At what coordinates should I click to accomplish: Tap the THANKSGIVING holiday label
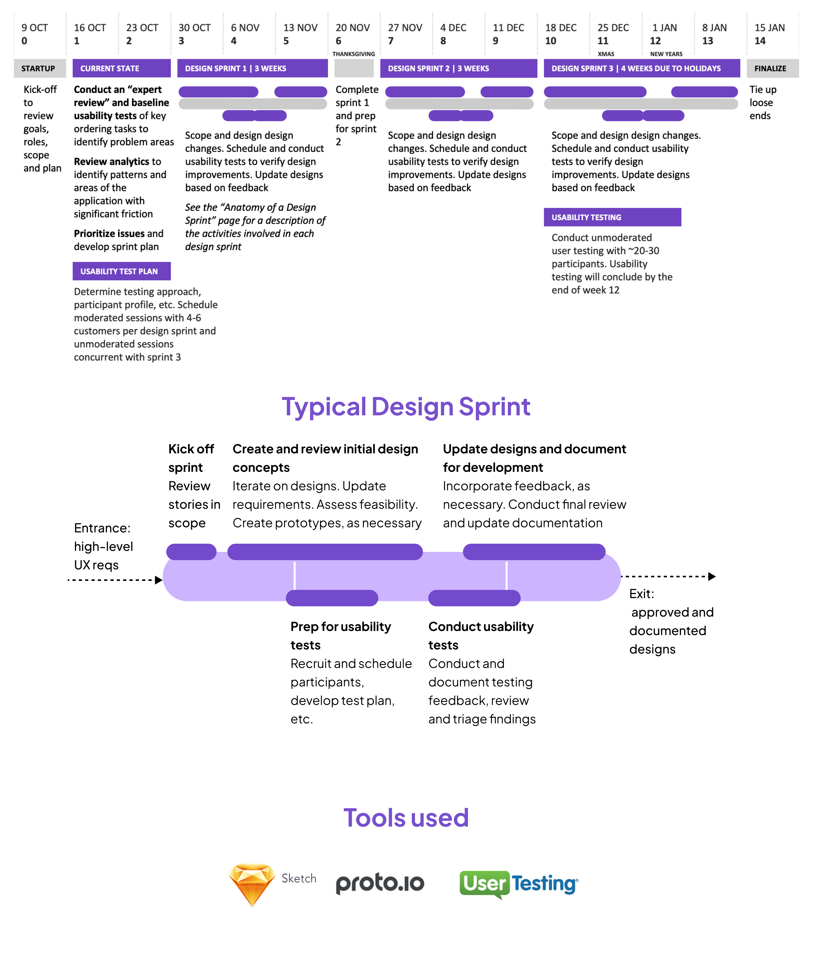(x=353, y=54)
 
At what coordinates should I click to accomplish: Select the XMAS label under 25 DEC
(x=606, y=54)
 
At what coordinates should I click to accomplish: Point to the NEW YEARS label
(x=666, y=54)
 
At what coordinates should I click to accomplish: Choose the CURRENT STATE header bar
(x=121, y=68)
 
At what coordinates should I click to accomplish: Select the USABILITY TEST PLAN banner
(x=121, y=271)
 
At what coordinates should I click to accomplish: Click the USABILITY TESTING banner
(x=612, y=217)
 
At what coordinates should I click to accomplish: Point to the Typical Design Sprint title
(x=406, y=407)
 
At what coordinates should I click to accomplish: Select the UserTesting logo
(x=519, y=884)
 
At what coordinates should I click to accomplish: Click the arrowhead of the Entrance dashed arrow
(x=159, y=580)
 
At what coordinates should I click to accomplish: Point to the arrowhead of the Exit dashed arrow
(x=712, y=577)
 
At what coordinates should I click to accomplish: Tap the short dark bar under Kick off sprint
(x=191, y=552)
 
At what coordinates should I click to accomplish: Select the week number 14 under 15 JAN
(x=760, y=41)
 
